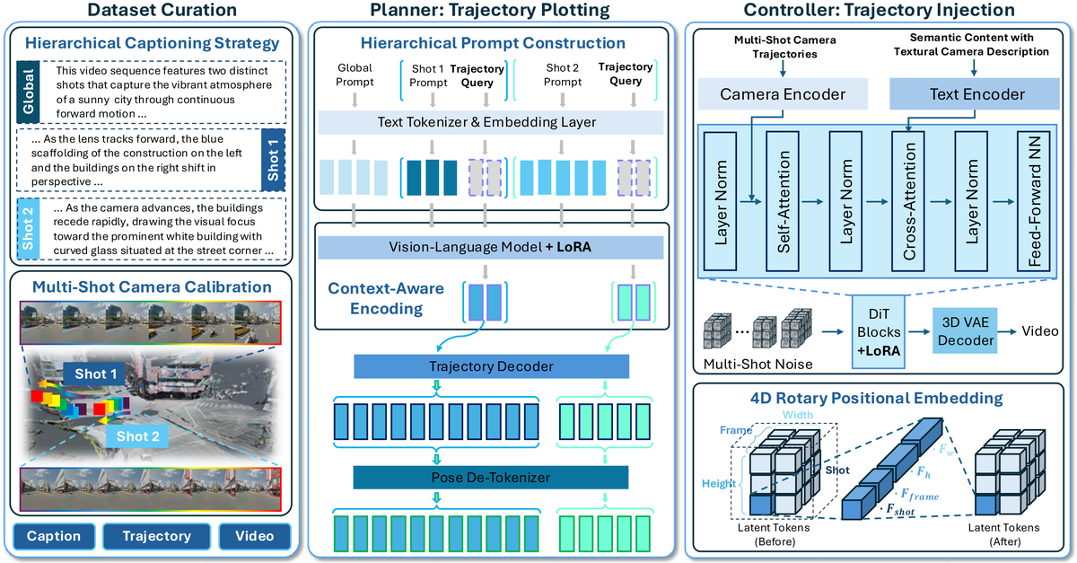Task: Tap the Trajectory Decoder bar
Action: tap(491, 366)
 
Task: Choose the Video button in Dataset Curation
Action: tap(255, 536)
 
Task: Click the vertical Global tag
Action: tap(27, 92)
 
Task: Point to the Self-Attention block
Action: tap(782, 202)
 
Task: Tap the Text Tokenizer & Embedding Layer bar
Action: tap(491, 122)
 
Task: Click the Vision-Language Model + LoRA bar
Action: tap(491, 248)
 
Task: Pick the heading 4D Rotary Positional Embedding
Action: tap(876, 397)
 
